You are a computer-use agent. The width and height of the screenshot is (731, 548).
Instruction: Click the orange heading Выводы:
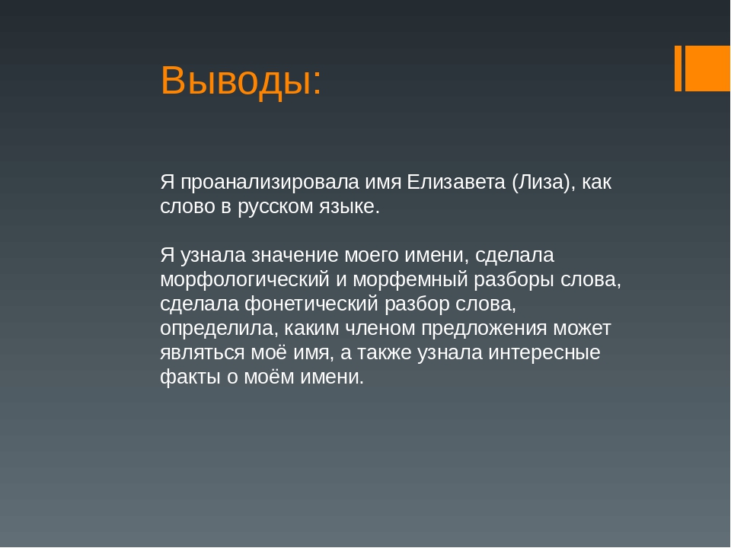coord(241,80)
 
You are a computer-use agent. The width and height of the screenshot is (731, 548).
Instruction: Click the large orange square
coord(707,68)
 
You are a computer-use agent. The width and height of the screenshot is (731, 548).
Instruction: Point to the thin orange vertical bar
coord(678,68)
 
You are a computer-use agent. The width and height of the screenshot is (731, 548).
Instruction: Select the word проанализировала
coord(270,183)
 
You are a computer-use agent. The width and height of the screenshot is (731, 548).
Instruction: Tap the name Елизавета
coord(456,182)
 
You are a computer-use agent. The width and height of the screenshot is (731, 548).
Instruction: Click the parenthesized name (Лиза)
coord(544,183)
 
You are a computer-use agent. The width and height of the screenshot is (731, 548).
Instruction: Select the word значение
coord(295,256)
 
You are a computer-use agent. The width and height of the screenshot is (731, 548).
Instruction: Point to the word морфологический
coord(244,280)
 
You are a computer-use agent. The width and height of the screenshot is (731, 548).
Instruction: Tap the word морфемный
coord(410,280)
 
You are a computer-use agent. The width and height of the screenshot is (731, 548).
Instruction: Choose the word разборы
coord(514,280)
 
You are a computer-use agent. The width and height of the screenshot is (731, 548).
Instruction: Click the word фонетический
coord(311,304)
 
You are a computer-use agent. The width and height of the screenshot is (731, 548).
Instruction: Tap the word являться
coord(203,352)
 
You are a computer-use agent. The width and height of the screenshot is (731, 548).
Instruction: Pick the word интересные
coord(544,352)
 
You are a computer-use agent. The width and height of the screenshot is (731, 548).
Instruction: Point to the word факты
coord(190,377)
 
